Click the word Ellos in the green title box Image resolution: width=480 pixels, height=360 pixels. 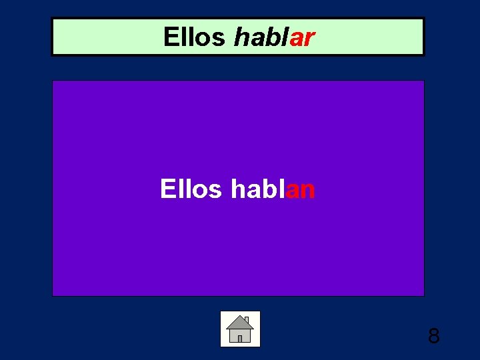194,37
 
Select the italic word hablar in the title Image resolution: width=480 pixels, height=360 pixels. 274,37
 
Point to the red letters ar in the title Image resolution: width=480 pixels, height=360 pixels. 302,38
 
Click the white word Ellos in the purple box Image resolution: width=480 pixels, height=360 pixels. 191,189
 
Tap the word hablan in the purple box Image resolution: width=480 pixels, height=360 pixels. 273,189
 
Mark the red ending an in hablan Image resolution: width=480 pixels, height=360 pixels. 301,190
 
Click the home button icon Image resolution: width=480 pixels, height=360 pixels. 240,329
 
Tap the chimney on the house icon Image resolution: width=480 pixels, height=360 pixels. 246,320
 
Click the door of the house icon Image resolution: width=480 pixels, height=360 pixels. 240,337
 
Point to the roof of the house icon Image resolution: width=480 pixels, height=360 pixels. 240,323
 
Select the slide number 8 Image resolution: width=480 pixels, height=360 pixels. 433,336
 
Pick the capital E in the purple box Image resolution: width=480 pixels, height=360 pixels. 167,189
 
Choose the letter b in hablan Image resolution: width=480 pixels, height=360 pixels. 268,189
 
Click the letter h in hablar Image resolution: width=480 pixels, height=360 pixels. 241,37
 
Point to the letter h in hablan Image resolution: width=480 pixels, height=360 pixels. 237,189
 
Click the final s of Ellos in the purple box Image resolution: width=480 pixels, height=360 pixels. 215,190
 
